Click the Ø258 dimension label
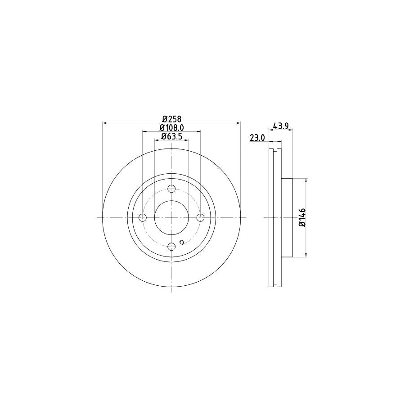(171, 119)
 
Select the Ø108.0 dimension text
(171, 128)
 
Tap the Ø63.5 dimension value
(171, 137)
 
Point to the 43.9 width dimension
(280, 126)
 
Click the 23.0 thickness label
(257, 139)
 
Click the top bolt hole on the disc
(171, 189)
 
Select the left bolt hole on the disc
(143, 218)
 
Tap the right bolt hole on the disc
(200, 218)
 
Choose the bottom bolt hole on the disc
(171, 246)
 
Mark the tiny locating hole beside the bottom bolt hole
(181, 243)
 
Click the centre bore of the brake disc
(171, 218)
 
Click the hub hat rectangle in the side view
(287, 218)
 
